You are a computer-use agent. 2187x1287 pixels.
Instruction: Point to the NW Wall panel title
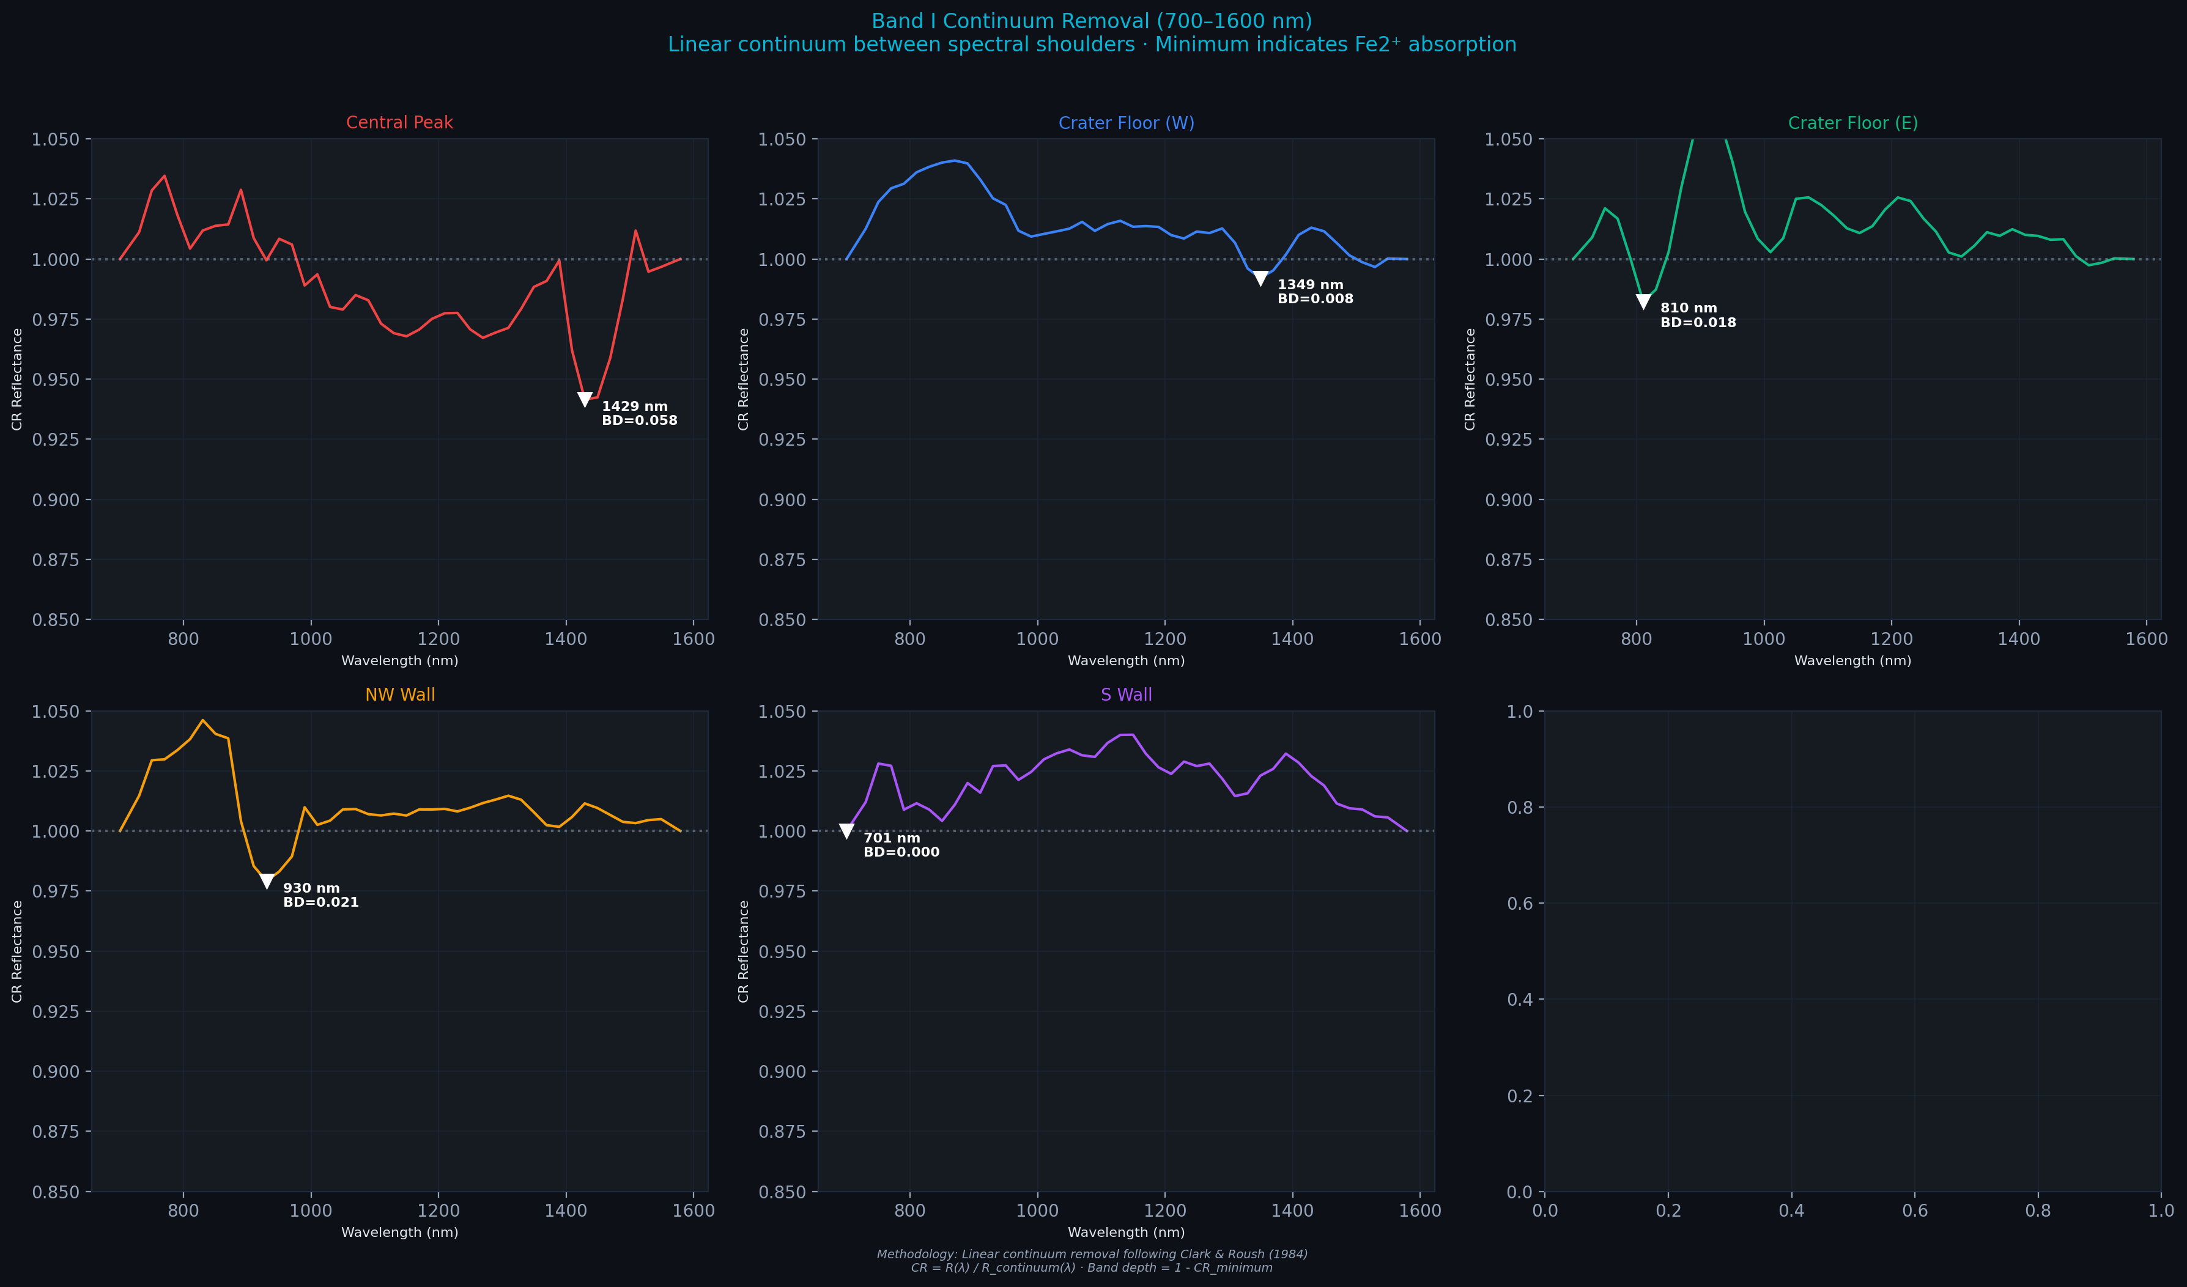[399, 695]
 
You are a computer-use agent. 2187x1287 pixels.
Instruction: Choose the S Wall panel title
[1126, 695]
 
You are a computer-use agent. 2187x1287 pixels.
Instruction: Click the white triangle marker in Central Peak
[585, 399]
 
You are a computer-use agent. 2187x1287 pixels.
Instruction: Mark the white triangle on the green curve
[1643, 301]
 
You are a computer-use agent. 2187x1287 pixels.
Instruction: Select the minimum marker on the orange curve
[267, 882]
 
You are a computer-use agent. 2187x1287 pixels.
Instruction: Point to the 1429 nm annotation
[634, 406]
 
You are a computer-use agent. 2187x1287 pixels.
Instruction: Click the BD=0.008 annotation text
[1315, 298]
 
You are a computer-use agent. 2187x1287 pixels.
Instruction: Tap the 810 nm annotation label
[1688, 308]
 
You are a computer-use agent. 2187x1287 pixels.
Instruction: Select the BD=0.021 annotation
[320, 902]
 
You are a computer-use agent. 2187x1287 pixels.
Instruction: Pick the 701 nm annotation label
[891, 838]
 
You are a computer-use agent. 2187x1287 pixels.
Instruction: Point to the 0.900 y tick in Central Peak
[56, 500]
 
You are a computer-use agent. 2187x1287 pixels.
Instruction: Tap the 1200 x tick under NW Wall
[439, 1211]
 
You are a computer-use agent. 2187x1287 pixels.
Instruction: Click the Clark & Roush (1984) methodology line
[1092, 1254]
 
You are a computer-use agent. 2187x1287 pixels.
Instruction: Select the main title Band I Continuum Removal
[1092, 21]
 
